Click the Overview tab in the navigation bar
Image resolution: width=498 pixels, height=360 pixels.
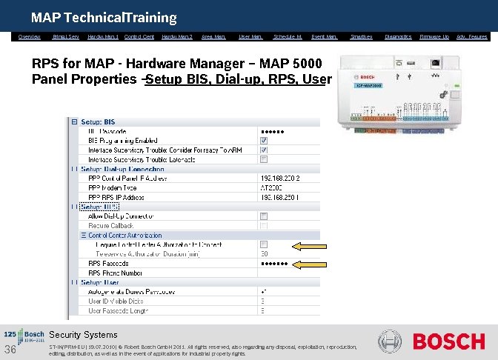pos(30,36)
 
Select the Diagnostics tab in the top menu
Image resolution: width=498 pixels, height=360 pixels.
pos(398,36)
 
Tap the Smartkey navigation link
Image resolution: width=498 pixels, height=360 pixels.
pos(361,36)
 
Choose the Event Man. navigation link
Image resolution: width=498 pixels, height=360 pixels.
pos(325,36)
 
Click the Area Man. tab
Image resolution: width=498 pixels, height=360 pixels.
pos(213,36)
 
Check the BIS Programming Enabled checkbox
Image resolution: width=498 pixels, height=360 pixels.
pos(264,141)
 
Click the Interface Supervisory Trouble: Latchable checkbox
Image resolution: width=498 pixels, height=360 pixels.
pos(264,159)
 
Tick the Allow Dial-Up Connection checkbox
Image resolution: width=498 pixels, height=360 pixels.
pos(264,216)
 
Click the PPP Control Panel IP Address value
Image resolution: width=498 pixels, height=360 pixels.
pos(280,179)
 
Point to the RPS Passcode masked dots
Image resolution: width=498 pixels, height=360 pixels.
pos(275,263)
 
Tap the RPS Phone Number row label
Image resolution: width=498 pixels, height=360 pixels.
pos(116,273)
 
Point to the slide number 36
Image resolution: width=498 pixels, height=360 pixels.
pos(10,349)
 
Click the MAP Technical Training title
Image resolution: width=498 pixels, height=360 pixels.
pos(104,17)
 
